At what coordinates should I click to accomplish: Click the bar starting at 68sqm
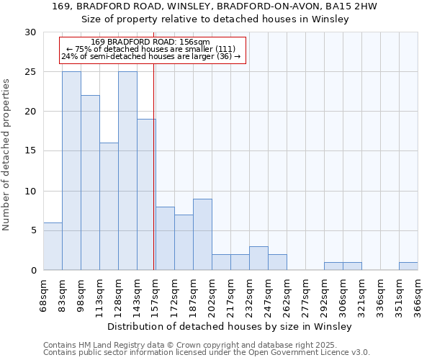(53, 246)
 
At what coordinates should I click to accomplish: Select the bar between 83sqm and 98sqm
(71, 171)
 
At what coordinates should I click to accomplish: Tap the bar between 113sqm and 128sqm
(109, 207)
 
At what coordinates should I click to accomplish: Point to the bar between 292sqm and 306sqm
(333, 266)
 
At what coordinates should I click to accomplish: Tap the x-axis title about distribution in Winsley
(230, 326)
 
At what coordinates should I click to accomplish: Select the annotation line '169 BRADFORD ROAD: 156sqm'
(150, 42)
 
